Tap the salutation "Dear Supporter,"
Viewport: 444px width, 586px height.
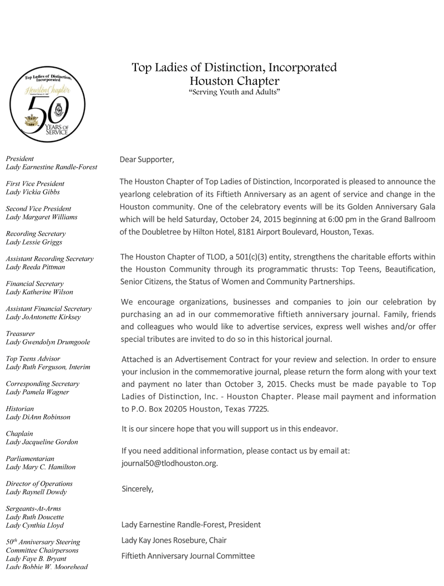point(147,160)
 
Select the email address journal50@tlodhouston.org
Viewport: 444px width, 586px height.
point(169,463)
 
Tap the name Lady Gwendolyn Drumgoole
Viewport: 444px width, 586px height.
point(48,342)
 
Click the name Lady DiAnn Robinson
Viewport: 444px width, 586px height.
point(38,417)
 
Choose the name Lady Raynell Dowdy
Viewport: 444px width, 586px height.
point(36,492)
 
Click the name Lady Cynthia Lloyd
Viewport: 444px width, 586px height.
point(34,525)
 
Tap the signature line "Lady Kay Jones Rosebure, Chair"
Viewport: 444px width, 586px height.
point(174,540)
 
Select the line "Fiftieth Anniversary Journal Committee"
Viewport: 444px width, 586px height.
point(188,555)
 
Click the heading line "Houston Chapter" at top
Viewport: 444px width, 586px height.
point(234,81)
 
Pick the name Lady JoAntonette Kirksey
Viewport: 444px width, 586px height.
point(43,317)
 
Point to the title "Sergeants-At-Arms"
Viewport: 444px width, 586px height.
point(33,508)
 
